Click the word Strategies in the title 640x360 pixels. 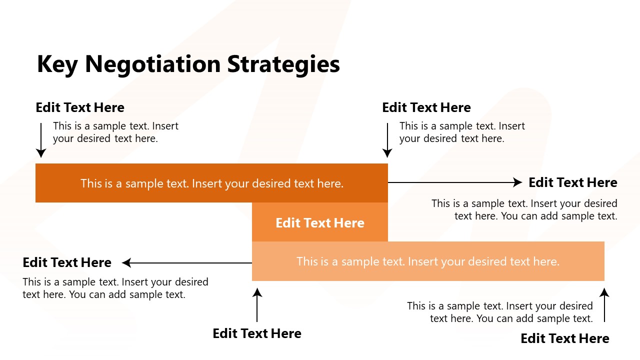click(x=283, y=64)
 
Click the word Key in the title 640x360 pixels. click(x=57, y=64)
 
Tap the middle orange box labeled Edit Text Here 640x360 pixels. click(x=320, y=222)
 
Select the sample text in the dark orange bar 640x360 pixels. click(x=212, y=183)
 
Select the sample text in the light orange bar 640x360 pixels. click(x=428, y=261)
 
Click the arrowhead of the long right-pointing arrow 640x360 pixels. click(x=518, y=182)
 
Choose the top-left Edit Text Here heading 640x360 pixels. click(x=80, y=107)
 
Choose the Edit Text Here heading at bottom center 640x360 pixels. click(x=257, y=333)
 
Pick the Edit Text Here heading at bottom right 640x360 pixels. click(x=565, y=338)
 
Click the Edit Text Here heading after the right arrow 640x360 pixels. click(x=573, y=182)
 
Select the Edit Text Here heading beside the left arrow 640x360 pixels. click(x=67, y=262)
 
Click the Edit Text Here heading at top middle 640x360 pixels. click(x=426, y=107)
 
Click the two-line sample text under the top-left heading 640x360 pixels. click(x=115, y=132)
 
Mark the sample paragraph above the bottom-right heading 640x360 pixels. click(x=500, y=312)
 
